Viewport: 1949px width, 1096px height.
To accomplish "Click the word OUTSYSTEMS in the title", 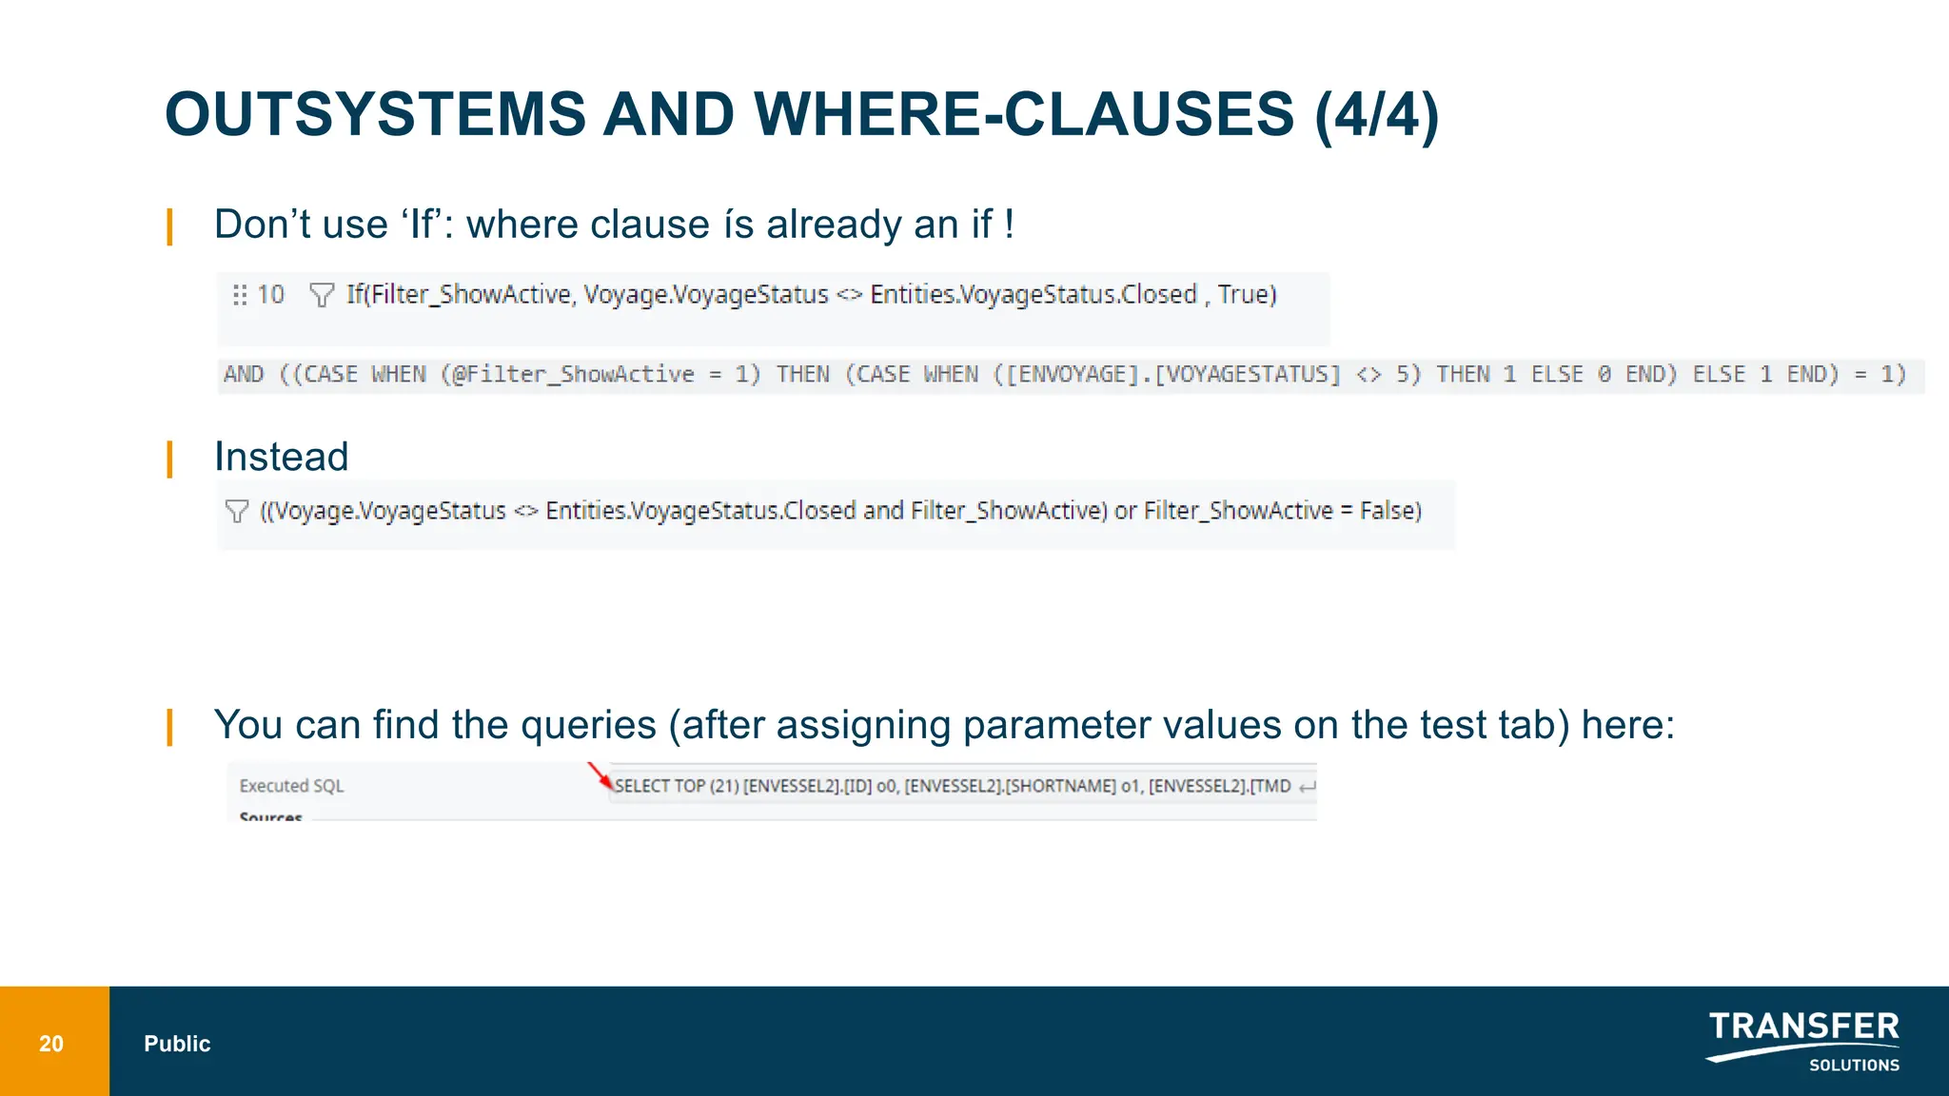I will coord(376,114).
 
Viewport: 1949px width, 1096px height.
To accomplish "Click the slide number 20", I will coord(51,1044).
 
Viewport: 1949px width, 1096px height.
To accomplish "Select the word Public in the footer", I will coord(177,1044).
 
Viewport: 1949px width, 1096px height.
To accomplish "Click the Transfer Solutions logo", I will coord(1802,1041).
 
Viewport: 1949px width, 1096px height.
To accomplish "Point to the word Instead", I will coord(282,457).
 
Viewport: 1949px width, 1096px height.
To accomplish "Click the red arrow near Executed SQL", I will coord(600,776).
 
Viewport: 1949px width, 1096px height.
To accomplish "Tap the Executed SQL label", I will coord(291,786).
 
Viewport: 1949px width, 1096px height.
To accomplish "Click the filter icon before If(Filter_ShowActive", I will coord(322,295).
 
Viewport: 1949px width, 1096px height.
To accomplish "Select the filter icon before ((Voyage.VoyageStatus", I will coord(237,511).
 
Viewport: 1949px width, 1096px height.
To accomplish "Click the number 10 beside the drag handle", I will coord(270,295).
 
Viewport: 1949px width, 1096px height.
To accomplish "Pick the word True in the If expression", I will coord(1243,295).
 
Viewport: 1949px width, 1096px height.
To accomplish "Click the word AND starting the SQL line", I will coord(244,374).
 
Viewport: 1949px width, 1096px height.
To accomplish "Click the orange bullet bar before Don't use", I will coord(169,226).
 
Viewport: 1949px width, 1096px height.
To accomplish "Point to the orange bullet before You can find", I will coord(169,727).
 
